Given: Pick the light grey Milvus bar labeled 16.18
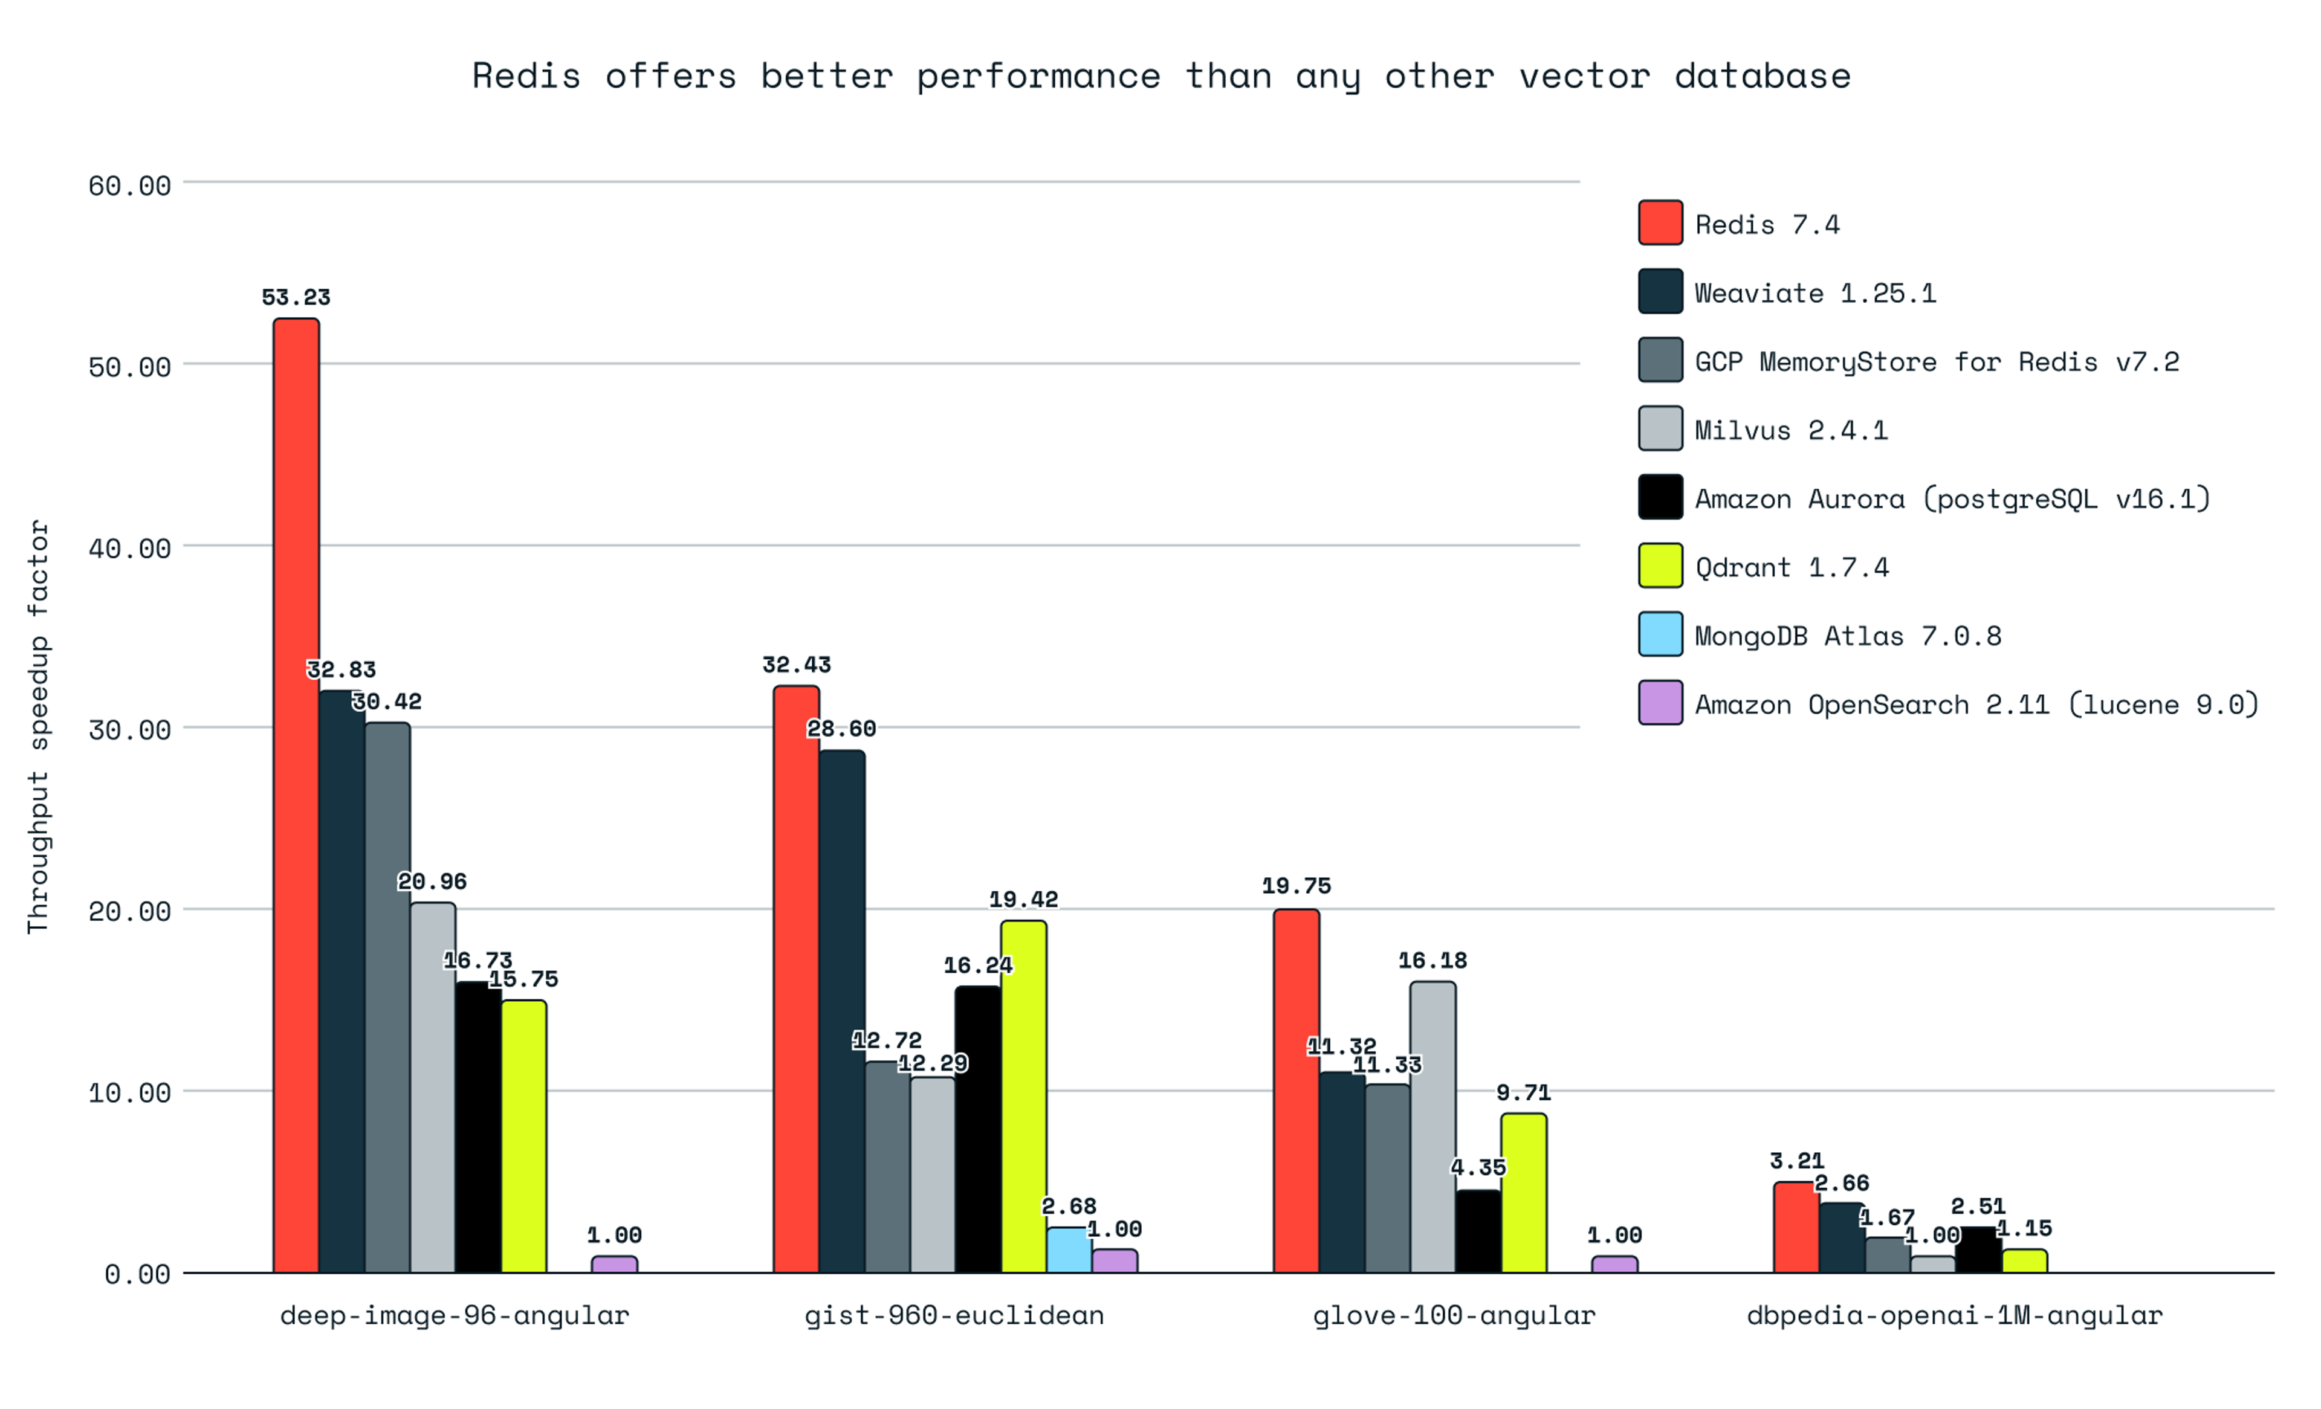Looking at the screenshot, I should (1432, 1127).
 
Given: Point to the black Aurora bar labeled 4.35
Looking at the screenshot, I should (1478, 1232).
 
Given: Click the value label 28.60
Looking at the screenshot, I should (841, 729).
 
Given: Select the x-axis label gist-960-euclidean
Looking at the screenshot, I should (954, 1316).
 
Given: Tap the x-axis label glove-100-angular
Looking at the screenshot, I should (1454, 1316).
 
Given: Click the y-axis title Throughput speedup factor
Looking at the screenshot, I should (37, 727).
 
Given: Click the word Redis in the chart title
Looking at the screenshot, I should (526, 76).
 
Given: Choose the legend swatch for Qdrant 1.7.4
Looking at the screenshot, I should (1660, 566).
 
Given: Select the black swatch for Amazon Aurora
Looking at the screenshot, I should (1660, 497).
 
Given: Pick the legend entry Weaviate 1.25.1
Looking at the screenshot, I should (1814, 294).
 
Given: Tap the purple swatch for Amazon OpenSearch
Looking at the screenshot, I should (1660, 703).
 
